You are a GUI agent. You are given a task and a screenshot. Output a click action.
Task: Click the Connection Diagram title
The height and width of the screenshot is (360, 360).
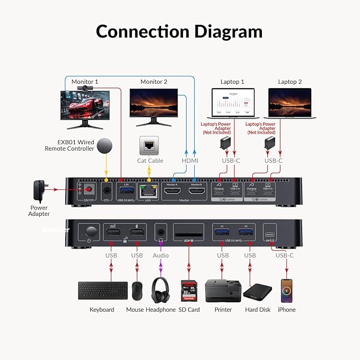tap(179, 32)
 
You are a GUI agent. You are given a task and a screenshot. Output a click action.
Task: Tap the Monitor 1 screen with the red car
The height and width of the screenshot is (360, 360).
tap(85, 103)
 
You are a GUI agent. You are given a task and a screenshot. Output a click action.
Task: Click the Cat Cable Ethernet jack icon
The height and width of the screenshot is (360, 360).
tap(148, 145)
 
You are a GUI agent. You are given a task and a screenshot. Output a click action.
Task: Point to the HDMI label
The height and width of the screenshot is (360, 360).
tap(190, 161)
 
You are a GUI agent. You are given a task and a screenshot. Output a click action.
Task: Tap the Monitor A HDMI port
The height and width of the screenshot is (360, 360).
tap(172, 191)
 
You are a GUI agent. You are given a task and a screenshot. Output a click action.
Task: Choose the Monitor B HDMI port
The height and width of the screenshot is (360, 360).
tap(196, 191)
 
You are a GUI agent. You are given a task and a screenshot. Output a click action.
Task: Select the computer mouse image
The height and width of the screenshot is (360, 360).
tap(137, 291)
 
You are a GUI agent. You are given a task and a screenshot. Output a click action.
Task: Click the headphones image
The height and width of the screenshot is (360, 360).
tap(161, 290)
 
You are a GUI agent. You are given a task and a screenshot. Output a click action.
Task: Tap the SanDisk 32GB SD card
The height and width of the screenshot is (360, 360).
tap(189, 291)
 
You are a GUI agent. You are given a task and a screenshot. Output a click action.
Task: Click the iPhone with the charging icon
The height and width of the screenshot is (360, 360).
tap(287, 290)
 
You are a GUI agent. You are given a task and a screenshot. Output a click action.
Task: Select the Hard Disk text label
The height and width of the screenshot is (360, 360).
tap(258, 310)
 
